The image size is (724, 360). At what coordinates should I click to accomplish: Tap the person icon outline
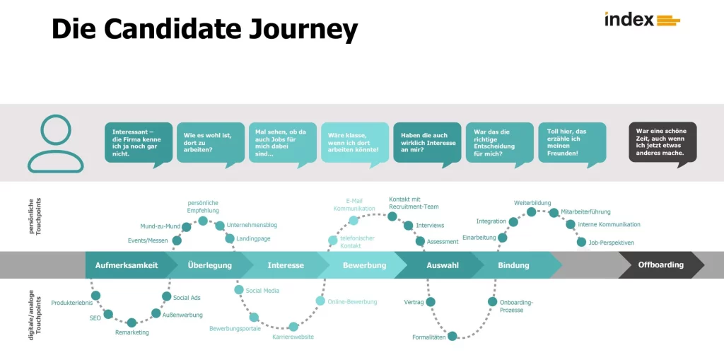55,144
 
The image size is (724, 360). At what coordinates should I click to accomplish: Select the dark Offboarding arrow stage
660,265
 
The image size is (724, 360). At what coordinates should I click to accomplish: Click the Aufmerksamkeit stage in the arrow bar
127,265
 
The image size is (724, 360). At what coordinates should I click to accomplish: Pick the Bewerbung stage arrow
364,265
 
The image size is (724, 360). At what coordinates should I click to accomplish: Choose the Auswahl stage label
443,265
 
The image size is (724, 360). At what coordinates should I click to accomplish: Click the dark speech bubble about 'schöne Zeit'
662,141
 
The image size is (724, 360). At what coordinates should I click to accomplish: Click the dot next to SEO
108,314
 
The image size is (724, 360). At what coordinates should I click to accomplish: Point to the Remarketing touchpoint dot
132,323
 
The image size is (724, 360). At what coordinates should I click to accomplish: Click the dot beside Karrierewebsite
293,327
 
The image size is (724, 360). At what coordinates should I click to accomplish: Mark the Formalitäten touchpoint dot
452,336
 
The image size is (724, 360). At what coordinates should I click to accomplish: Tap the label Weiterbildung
532,203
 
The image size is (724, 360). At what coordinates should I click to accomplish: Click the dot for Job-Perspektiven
582,242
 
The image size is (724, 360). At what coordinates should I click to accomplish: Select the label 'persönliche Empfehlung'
203,207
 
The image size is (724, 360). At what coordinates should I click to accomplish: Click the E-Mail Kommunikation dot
354,220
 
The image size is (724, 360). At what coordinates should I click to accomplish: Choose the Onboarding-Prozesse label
516,306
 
